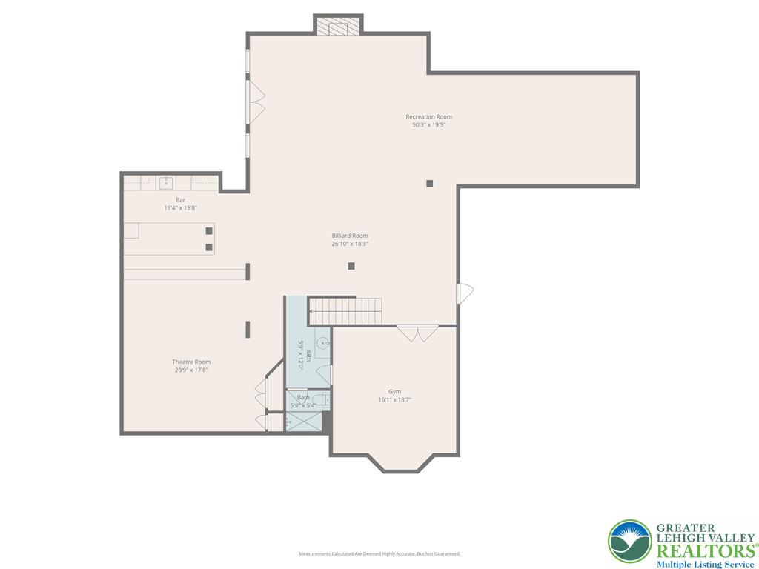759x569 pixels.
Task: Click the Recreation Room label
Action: click(x=428, y=116)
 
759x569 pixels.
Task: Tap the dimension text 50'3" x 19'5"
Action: click(x=428, y=125)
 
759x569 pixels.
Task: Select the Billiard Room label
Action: click(x=350, y=236)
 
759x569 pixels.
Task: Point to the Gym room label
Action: click(x=394, y=391)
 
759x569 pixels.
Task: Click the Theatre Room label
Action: click(x=191, y=362)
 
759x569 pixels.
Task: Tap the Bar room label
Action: click(x=180, y=200)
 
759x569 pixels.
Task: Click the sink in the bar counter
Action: click(x=166, y=182)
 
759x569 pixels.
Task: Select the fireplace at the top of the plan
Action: click(x=338, y=25)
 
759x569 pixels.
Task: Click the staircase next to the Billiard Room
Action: click(x=345, y=310)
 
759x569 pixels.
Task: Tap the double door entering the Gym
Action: click(x=417, y=333)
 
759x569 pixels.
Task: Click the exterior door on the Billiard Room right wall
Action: click(x=465, y=293)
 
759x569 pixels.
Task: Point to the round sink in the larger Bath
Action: click(x=323, y=343)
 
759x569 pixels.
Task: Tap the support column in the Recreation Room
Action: click(x=429, y=183)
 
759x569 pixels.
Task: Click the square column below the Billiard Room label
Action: click(x=351, y=266)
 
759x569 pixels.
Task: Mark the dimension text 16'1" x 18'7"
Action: click(x=394, y=400)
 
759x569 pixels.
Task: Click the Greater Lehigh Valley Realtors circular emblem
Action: click(x=629, y=541)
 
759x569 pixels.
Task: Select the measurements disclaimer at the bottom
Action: click(x=379, y=553)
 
